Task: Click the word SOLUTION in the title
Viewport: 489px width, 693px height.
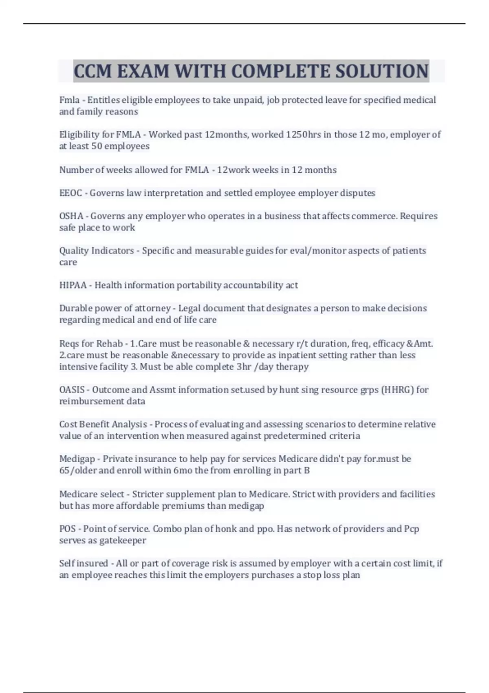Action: [x=382, y=71]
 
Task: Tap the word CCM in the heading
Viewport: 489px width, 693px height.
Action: [x=93, y=71]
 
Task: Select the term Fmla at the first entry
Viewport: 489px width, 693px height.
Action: [x=69, y=100]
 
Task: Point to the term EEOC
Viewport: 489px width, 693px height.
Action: [x=70, y=193]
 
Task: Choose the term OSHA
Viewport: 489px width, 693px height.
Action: [x=71, y=216]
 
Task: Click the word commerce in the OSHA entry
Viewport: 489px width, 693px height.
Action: [x=374, y=216]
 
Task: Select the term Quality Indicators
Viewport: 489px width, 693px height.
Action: [x=97, y=251]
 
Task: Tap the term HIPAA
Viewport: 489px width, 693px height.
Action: [x=73, y=285]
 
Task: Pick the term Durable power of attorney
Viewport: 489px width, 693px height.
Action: [x=115, y=308]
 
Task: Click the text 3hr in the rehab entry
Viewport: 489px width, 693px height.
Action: [x=244, y=366]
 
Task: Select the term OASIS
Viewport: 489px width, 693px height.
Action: [x=72, y=390]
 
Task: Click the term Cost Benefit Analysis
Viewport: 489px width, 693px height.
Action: [x=103, y=424]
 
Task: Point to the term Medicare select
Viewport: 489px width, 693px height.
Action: [x=92, y=494]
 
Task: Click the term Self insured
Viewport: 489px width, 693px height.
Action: [x=84, y=563]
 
